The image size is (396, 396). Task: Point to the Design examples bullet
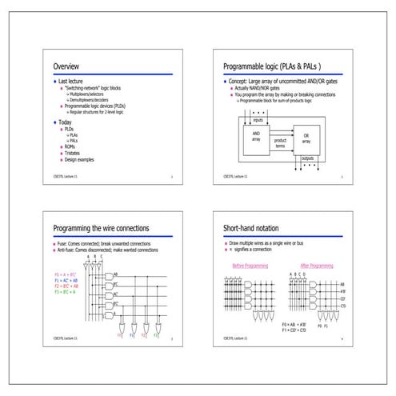coord(80,158)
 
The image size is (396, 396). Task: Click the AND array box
coord(256,137)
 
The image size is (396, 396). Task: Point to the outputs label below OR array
coord(306,158)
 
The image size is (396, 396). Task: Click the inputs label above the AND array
coord(258,119)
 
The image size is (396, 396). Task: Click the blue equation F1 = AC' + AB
coord(66,281)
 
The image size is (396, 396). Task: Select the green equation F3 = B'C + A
coord(66,292)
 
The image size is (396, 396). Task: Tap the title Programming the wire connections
coord(101,229)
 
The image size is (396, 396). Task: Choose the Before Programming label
coord(249,265)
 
